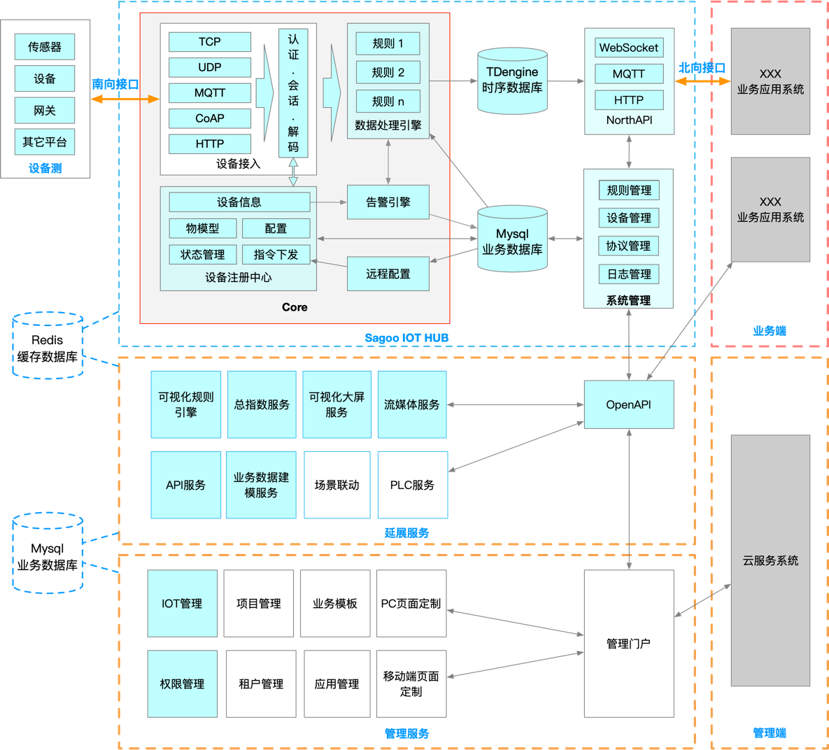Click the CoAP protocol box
[x=209, y=118]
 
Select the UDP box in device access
[x=209, y=68]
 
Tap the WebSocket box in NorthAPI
[x=629, y=48]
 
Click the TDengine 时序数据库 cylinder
[x=512, y=81]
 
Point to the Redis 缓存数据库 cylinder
[x=48, y=346]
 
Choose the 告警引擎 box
[x=388, y=202]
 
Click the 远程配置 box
[x=388, y=274]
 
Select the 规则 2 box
[x=388, y=73]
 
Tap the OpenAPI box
[x=629, y=404]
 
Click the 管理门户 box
[x=629, y=644]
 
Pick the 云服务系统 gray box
[x=770, y=560]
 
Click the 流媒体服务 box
[x=412, y=404]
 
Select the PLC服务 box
[x=412, y=485]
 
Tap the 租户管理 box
[x=261, y=684]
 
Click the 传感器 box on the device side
[x=44, y=47]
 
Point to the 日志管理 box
[x=629, y=274]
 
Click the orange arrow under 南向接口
[x=125, y=99]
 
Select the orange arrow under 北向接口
[x=702, y=81]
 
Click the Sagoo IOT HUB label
[x=406, y=338]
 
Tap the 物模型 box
[x=202, y=229]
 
